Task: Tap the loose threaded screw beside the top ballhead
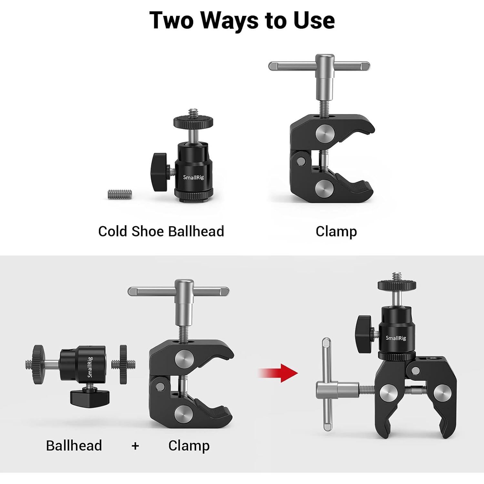click(120, 194)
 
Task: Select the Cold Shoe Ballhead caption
click(161, 231)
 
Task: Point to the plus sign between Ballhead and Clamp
click(135, 446)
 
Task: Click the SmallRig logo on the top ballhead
click(193, 177)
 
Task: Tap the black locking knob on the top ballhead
click(160, 172)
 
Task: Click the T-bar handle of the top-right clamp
click(319, 66)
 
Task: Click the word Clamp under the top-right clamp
click(336, 231)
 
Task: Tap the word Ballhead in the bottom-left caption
click(74, 446)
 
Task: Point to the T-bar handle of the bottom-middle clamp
click(179, 291)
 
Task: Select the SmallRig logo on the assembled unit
click(396, 338)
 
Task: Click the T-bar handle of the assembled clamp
click(327, 384)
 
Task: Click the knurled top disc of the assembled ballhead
click(397, 285)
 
